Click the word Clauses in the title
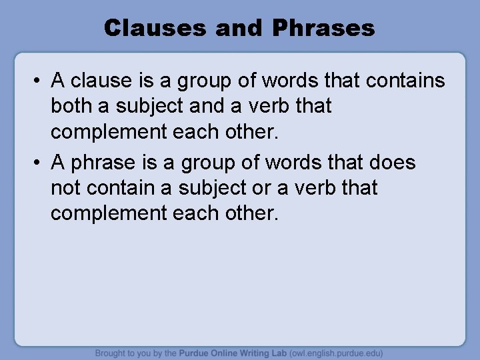[154, 28]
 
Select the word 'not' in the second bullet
[65, 188]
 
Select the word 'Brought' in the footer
[110, 353]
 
